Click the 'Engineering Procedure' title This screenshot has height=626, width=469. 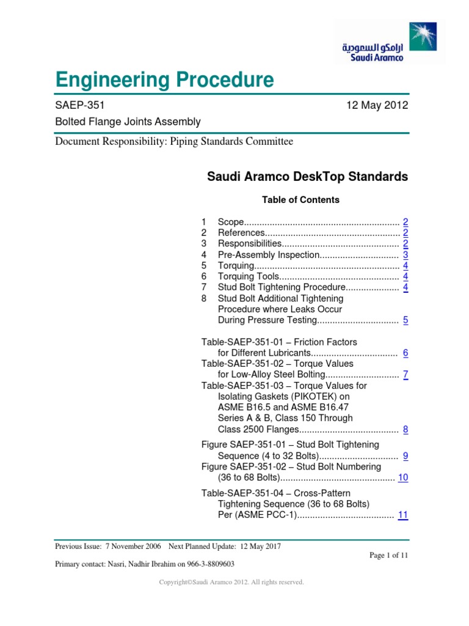pos(164,80)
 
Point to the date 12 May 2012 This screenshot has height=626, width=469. pos(377,105)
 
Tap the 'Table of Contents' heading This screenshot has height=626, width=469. pos(300,200)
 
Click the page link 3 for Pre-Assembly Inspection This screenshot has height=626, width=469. pos(405,255)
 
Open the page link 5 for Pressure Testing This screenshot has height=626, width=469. pos(405,320)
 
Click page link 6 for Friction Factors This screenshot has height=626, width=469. pos(405,353)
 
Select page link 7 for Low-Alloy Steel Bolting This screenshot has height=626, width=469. pos(405,375)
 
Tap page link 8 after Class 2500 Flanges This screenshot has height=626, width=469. pos(405,430)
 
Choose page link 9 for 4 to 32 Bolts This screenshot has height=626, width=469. pos(405,455)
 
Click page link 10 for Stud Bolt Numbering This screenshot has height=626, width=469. pos(403,477)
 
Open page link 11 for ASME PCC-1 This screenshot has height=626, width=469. pos(403,515)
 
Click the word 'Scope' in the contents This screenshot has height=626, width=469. pos(231,222)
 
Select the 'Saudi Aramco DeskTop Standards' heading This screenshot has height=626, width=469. pos(308,177)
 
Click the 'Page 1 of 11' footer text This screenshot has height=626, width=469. pos(388,555)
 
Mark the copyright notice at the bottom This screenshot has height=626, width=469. pos(231,583)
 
